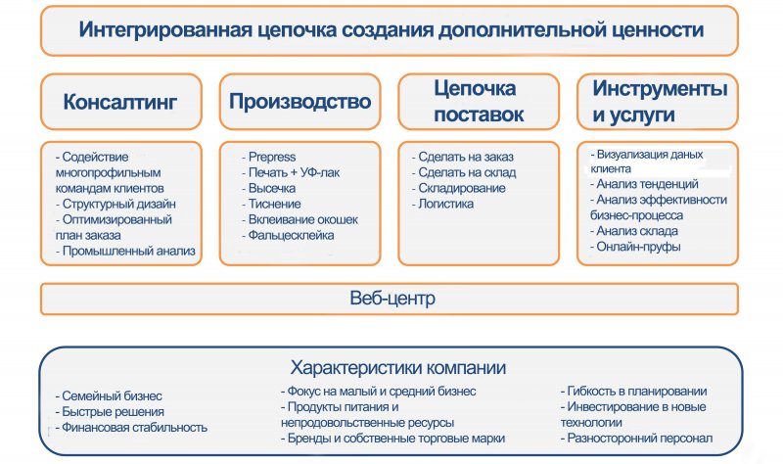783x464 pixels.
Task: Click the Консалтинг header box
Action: pos(120,102)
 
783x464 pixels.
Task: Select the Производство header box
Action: pos(299,102)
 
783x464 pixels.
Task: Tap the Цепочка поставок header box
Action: pos(479,102)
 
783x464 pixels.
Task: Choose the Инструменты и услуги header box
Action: pos(657,102)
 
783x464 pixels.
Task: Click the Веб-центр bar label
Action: pos(392,299)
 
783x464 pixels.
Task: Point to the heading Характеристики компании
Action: pos(398,368)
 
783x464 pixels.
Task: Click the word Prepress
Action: pos(272,157)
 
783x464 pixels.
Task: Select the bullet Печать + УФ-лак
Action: pos(291,172)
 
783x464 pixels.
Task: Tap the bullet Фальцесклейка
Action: pos(288,235)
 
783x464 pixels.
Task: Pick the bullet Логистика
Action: pos(442,204)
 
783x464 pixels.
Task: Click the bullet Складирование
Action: pos(458,188)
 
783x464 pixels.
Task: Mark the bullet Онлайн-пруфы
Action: pos(635,247)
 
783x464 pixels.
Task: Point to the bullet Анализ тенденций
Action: pos(644,184)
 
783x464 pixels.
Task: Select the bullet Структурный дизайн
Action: pos(115,204)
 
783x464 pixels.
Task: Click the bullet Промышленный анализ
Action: pos(125,251)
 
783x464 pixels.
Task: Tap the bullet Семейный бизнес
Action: pos(109,396)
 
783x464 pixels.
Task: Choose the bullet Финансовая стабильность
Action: pos(131,428)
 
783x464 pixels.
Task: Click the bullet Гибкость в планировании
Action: pos(633,392)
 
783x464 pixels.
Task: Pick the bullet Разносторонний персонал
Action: pos(637,438)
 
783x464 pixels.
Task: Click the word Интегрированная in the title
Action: pos(165,29)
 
